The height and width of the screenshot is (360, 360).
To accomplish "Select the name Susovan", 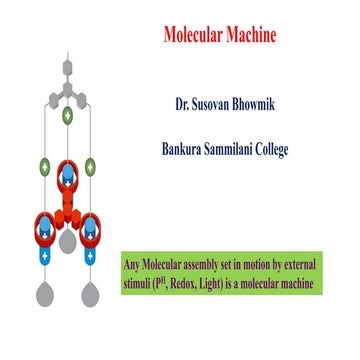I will point(222,103).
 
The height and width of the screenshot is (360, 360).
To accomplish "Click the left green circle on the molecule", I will point(45,166).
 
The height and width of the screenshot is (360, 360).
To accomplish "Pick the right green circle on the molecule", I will point(91,166).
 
